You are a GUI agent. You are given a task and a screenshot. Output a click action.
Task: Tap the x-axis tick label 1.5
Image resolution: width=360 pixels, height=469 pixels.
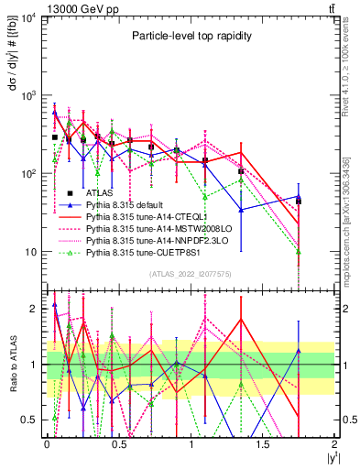[x=263, y=443]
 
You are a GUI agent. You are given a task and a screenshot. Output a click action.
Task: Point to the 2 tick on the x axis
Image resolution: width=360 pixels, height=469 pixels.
[x=335, y=443]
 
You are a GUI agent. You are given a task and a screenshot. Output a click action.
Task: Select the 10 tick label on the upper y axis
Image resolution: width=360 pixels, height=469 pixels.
[x=27, y=252]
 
